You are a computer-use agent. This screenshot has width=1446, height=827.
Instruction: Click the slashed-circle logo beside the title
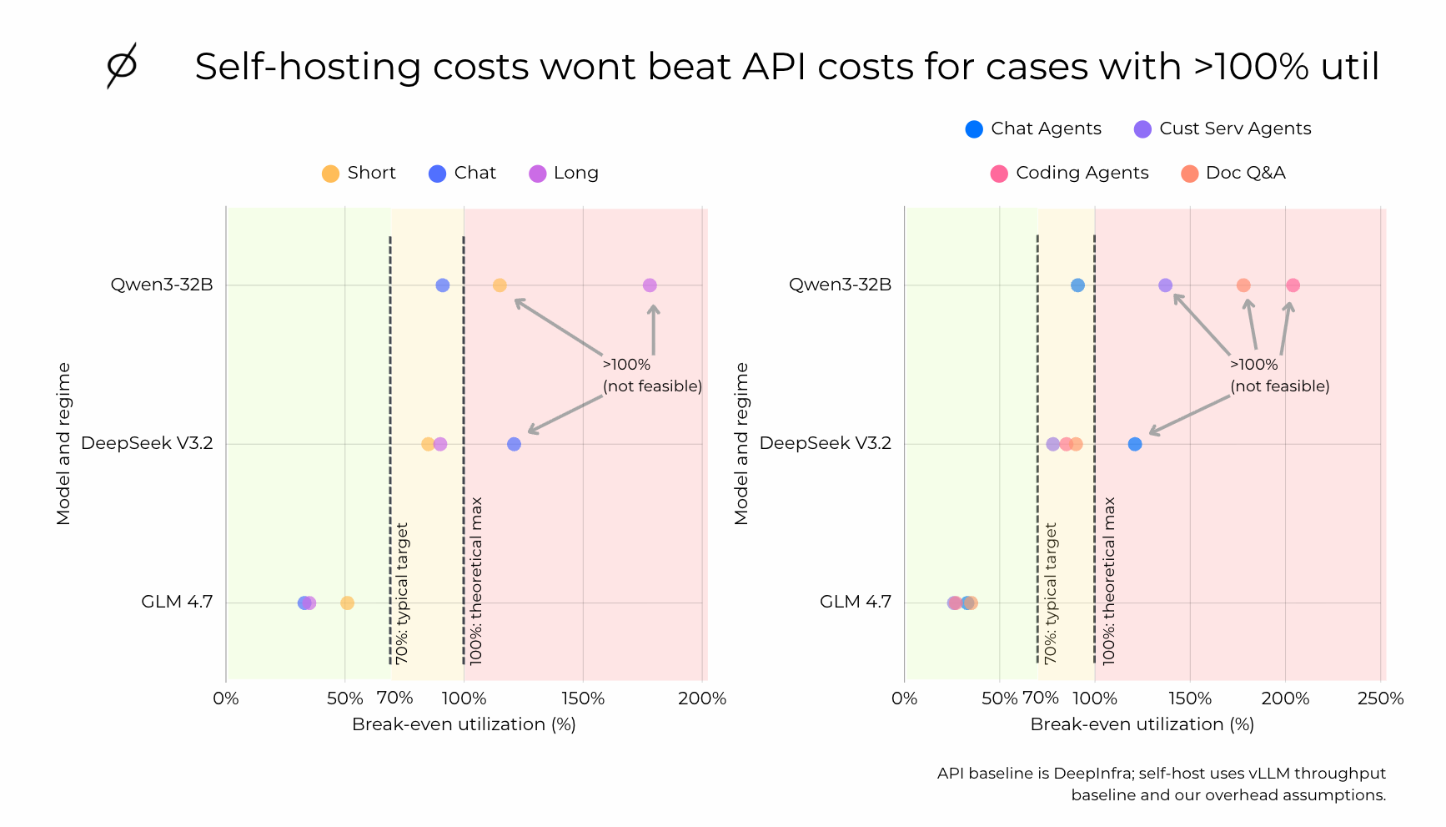122,65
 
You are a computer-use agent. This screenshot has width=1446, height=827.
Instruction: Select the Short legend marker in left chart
331,174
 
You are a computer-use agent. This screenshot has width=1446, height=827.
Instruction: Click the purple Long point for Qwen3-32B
650,285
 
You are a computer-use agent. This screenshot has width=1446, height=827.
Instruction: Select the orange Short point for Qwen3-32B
500,285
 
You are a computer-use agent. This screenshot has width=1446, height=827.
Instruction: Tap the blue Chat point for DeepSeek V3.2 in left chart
514,444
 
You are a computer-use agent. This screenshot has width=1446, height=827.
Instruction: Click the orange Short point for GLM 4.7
347,603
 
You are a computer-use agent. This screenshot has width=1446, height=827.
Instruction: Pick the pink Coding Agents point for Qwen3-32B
1293,285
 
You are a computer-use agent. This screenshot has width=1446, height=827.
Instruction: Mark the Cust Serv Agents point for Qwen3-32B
1165,285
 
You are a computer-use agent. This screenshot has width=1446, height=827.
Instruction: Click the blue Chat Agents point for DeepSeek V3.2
1135,444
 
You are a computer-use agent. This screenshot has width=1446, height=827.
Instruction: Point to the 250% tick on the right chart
1380,698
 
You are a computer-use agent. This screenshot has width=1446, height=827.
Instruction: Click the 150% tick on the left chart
583,698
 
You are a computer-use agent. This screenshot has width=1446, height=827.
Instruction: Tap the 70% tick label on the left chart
395,698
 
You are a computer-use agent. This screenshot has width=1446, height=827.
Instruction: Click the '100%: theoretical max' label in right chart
1109,581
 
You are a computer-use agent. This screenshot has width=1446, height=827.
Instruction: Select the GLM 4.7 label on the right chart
855,602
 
